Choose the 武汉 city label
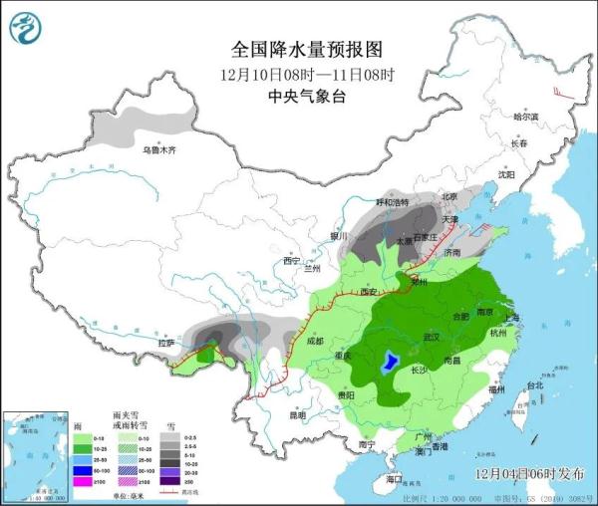point(432,337)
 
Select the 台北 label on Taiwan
point(534,384)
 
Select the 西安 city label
point(370,291)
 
